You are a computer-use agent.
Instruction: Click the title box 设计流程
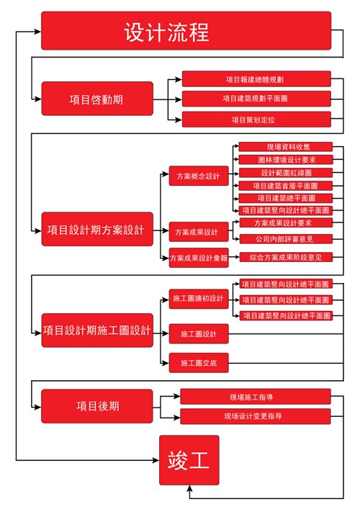pos(186,31)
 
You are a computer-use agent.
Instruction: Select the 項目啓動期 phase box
pos(97,99)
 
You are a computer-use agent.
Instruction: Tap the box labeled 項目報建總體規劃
pos(256,78)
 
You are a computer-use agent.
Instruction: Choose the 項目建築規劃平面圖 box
pos(256,98)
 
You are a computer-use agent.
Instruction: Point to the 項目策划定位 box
pos(256,119)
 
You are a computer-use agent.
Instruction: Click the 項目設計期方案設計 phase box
pos(97,230)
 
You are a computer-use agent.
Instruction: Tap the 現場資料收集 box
pos(284,147)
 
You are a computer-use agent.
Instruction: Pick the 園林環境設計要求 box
pos(284,160)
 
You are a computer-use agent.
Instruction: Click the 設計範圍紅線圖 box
pos(284,173)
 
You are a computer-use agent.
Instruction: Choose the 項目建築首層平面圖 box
pos(284,185)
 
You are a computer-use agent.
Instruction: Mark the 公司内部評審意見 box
pos(284,238)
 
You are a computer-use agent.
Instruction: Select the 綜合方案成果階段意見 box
pos(284,257)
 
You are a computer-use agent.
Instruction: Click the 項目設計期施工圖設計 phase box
pos(97,330)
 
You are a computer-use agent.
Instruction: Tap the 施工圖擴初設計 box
pos(198,298)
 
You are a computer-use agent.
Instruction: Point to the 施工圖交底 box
pos(198,364)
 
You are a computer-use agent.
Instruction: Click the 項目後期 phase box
pos(97,405)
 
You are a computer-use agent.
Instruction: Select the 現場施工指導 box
pos(256,397)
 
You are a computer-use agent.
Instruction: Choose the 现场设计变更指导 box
pos(256,416)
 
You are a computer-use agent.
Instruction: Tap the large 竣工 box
pos(189,460)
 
